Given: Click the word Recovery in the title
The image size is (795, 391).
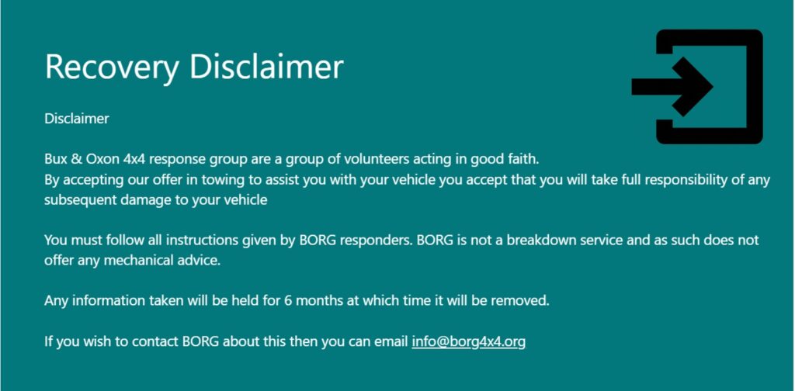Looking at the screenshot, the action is pyautogui.click(x=112, y=67).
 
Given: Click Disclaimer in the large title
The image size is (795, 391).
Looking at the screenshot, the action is pyautogui.click(x=267, y=66).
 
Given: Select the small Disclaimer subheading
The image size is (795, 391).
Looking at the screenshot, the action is pyautogui.click(x=77, y=119).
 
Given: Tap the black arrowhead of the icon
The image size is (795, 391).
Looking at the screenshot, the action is pyautogui.click(x=693, y=87).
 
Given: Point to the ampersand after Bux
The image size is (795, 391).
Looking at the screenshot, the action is pyautogui.click(x=77, y=160).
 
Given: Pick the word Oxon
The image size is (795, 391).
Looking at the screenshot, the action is pyautogui.click(x=103, y=160).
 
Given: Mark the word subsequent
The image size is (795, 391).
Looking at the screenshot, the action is pyautogui.click(x=78, y=200).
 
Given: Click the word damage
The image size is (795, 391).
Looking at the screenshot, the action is pyautogui.click(x=137, y=201).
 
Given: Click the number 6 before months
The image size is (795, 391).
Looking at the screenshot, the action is pyautogui.click(x=288, y=301).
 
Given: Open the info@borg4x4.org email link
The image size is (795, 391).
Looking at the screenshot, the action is pyautogui.click(x=468, y=341).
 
